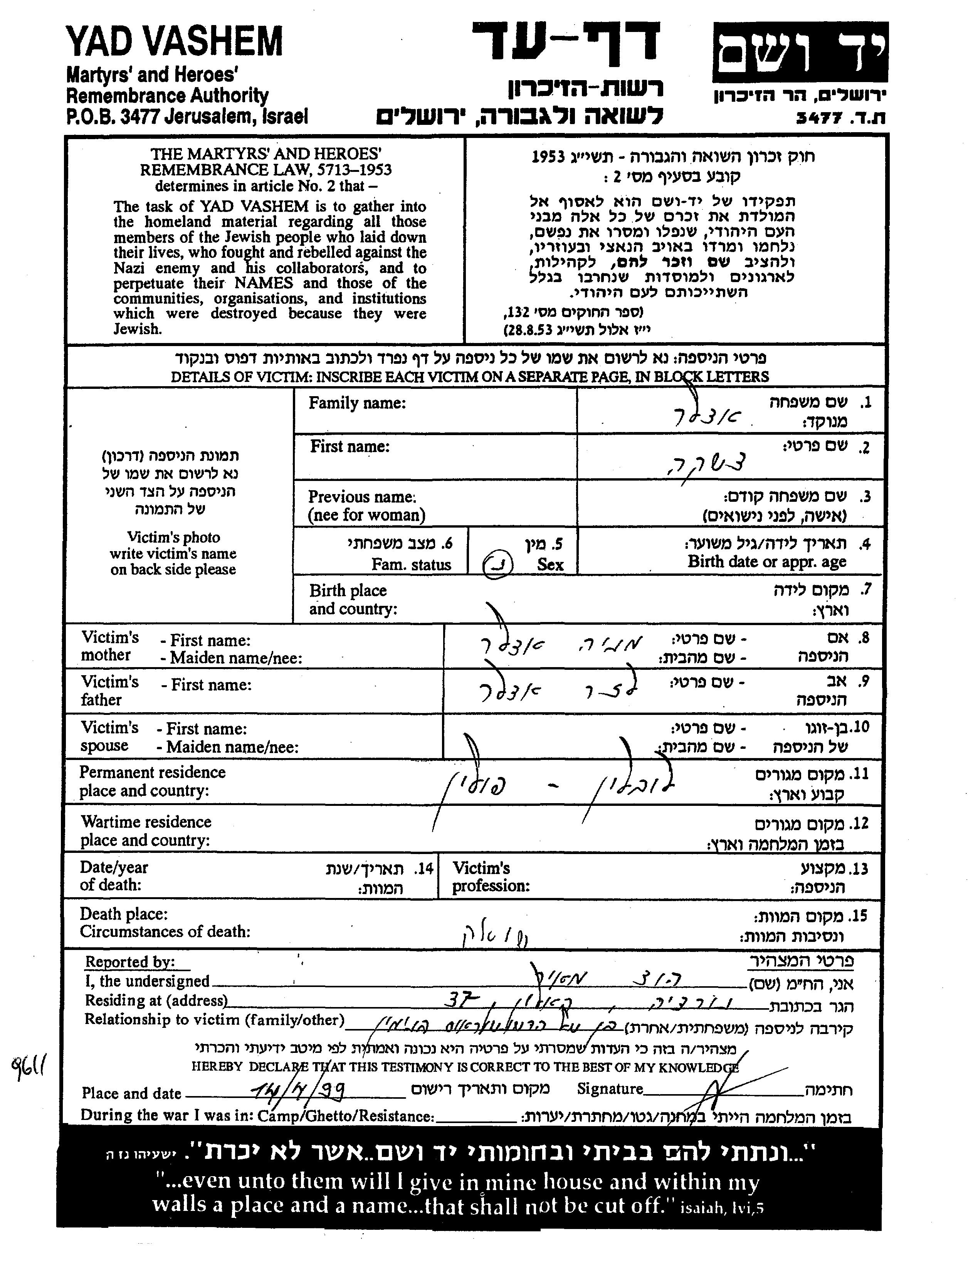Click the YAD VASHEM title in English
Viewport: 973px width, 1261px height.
tap(175, 42)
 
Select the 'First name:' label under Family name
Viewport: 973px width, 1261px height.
tap(350, 446)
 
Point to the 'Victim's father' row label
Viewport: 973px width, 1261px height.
tap(110, 691)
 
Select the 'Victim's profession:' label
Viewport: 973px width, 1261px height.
tap(491, 876)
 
